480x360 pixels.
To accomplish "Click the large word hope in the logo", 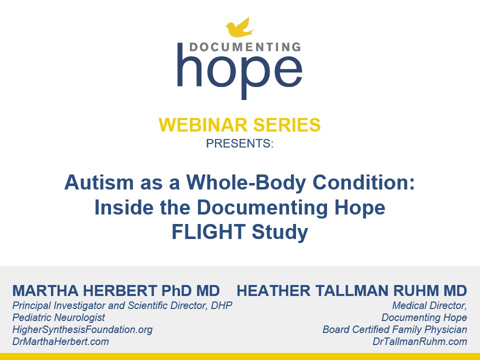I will point(239,72).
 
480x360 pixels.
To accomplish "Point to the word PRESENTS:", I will point(239,144).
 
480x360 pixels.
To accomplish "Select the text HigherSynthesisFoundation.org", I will point(82,329).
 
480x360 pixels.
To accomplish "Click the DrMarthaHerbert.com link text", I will point(60,342).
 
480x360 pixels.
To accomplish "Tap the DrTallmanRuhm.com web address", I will point(419,342).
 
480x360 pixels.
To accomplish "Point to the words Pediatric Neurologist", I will point(59,317).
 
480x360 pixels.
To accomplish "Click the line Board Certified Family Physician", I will point(394,329).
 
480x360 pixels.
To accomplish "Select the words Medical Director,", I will point(429,305).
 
